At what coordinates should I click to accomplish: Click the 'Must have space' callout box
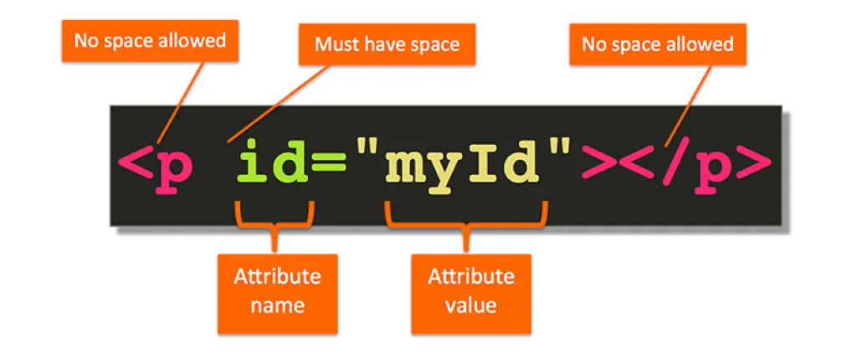[x=387, y=44]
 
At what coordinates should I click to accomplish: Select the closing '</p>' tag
[x=702, y=166]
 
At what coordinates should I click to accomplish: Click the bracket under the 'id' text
[x=275, y=219]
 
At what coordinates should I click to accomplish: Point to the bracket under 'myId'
[x=466, y=219]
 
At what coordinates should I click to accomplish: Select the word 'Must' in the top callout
[x=333, y=44]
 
